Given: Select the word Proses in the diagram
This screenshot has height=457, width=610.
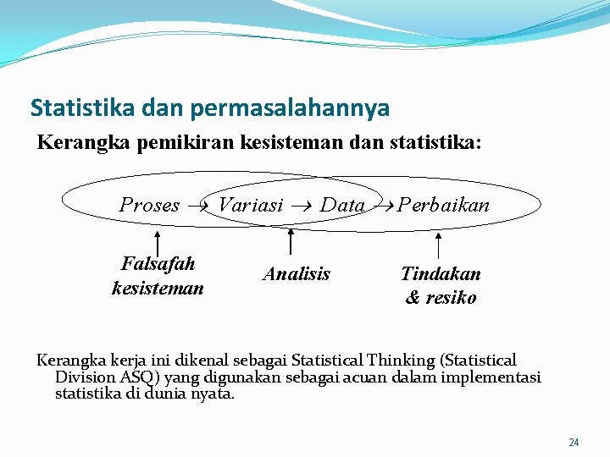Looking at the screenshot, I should coord(149,205).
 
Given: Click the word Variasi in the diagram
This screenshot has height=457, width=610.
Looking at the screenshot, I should coord(251,205).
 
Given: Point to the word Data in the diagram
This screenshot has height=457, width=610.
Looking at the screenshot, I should coord(343,205).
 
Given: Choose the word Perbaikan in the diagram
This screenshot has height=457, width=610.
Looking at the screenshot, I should coord(444,205).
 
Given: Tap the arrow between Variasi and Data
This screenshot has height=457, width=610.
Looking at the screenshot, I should coord(302,206).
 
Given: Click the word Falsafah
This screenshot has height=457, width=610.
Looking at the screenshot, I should coord(158,264).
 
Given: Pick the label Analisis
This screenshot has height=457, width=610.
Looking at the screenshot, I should coord(297,274).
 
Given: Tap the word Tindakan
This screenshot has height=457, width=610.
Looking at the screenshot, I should coord(441,274).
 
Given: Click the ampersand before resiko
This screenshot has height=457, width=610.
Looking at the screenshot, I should coord(413,298).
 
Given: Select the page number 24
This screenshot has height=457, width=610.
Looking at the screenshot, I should coord(574,443).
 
